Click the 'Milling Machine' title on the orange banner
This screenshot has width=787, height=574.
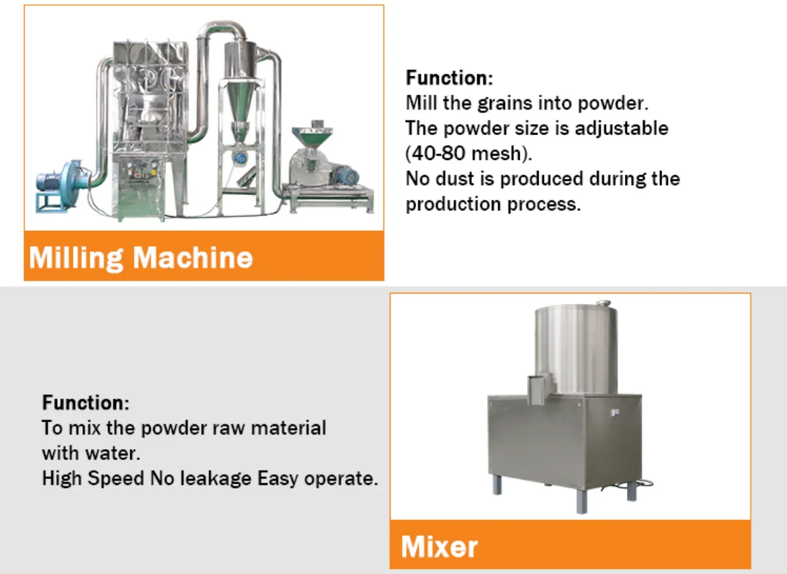tap(141, 257)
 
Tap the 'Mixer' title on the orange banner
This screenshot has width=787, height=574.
tap(439, 546)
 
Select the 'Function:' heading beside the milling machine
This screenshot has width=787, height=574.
tap(449, 77)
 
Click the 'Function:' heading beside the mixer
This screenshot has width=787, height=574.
tap(86, 402)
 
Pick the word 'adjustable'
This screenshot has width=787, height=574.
tap(621, 129)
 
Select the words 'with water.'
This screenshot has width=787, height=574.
tap(90, 453)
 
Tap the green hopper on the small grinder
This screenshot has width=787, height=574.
tap(312, 136)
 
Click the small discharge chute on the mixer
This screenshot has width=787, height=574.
tap(540, 387)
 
